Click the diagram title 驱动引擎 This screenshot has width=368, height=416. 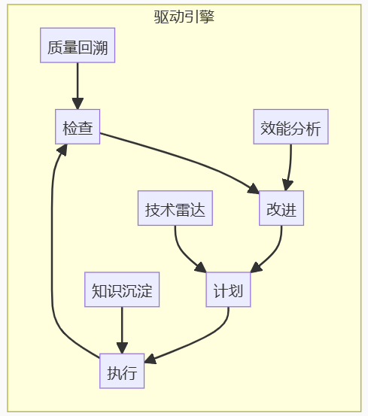pos(184,17)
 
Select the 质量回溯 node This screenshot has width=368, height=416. pos(78,49)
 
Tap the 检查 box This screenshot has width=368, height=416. pos(78,129)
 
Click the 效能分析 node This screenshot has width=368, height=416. pos(290,129)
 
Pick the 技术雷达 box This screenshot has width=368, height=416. pos(175,208)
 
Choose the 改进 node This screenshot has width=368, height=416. pos(281,208)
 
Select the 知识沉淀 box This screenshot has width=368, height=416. pos(122,291)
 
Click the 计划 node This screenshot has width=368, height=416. pos(228,291)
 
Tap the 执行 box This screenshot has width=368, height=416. pos(122,372)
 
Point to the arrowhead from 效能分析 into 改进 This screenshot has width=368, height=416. pos(286,186)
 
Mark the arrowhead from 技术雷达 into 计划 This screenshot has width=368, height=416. pos(200,266)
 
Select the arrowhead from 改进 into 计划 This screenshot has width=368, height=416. pos(256,267)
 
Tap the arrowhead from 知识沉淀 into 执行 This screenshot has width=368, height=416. pos(122,348)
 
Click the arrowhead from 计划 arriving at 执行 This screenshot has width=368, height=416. pos(150,360)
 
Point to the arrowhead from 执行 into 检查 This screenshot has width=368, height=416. pos(62,150)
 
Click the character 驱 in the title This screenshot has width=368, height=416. pos(160,17)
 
